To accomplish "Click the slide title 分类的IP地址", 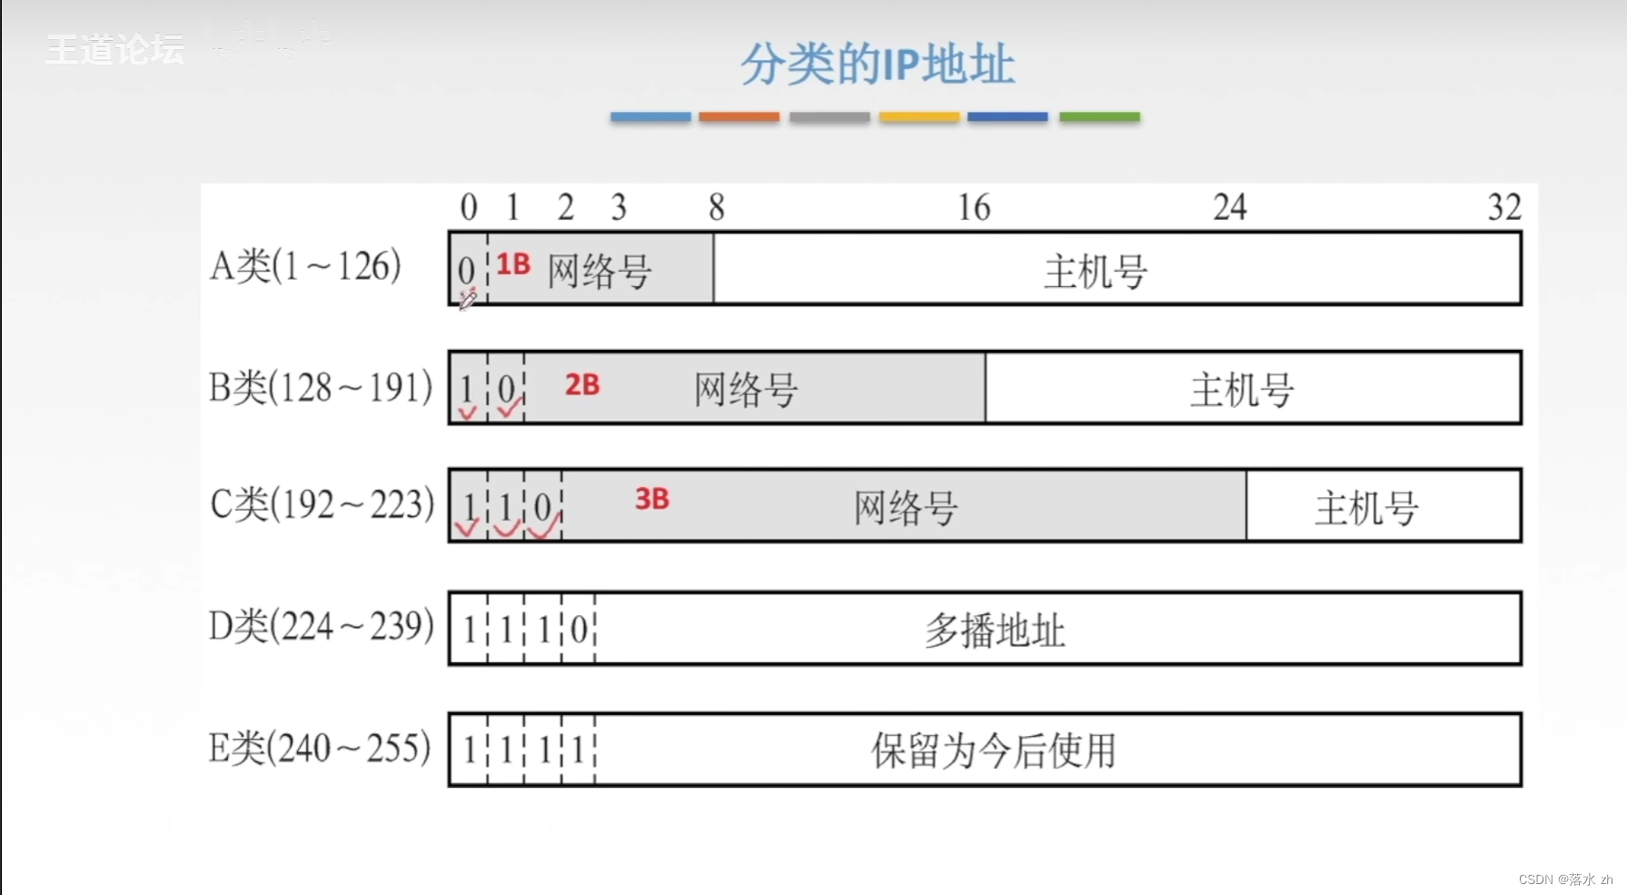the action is [877, 65].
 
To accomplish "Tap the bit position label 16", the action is [974, 208].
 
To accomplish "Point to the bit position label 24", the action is [1230, 208].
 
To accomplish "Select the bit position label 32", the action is [1503, 208].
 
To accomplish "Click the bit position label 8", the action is [717, 208].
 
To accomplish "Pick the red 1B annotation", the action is [513, 264].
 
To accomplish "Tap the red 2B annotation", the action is [582, 385].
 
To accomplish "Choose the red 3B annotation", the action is [651, 499].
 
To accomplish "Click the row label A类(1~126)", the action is [305, 267].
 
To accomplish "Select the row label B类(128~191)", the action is [320, 388].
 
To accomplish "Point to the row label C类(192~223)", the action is [322, 504].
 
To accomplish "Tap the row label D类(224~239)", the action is [321, 626].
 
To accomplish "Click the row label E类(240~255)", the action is [319, 749].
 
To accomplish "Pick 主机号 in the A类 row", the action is [1096, 272].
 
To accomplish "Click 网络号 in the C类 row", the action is [906, 508].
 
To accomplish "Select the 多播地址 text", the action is [995, 631].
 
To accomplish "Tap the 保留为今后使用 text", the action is [993, 751].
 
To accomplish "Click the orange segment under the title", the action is [739, 117].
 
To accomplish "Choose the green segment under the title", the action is [1099, 117].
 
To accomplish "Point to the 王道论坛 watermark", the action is [114, 50].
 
